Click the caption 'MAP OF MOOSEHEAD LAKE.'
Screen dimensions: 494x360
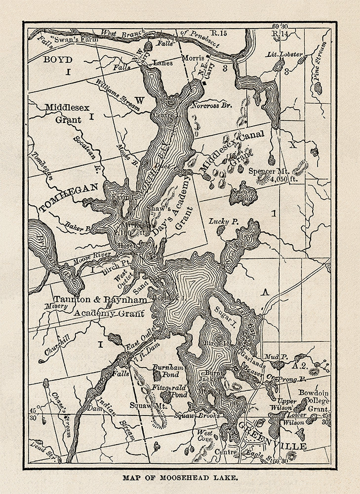point(180,478)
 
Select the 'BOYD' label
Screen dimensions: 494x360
point(58,60)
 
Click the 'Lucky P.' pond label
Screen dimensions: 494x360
point(223,221)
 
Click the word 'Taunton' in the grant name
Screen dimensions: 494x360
point(72,299)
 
